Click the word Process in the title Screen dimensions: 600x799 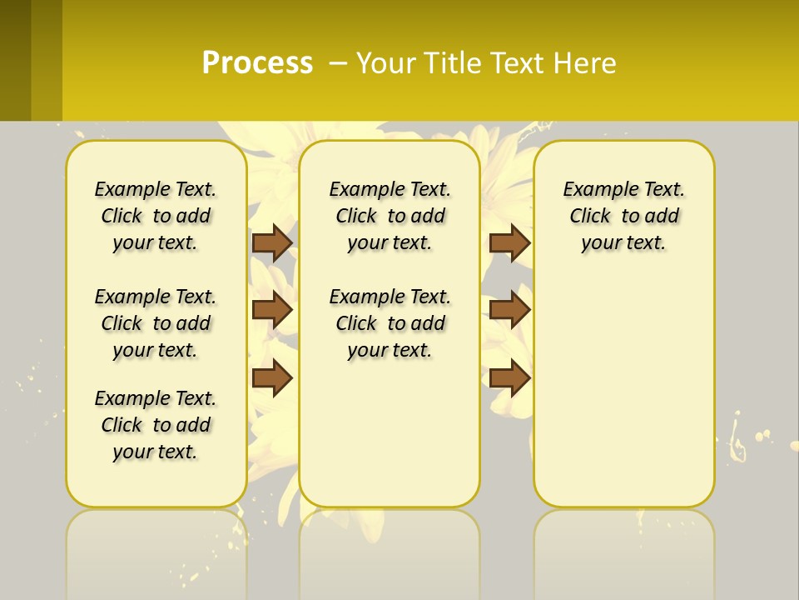[x=257, y=62]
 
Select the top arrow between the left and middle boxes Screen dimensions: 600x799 [x=272, y=242]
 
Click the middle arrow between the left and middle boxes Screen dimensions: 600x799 [x=272, y=310]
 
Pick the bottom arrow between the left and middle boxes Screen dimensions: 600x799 [x=272, y=378]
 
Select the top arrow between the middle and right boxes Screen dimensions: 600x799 [x=509, y=242]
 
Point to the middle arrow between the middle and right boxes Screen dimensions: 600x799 [x=509, y=310]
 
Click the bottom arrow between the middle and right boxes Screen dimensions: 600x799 [x=509, y=378]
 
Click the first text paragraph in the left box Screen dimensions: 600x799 [x=156, y=216]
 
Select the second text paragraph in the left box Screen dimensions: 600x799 [x=156, y=323]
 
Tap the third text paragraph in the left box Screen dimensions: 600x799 [x=156, y=425]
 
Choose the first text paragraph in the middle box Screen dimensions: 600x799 [x=390, y=216]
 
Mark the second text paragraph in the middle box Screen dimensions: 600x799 [x=390, y=323]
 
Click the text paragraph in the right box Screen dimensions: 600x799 [x=624, y=216]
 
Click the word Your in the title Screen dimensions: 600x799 [x=388, y=63]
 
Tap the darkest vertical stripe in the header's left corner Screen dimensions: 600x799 [x=15, y=60]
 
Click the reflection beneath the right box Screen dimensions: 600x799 [x=624, y=550]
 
